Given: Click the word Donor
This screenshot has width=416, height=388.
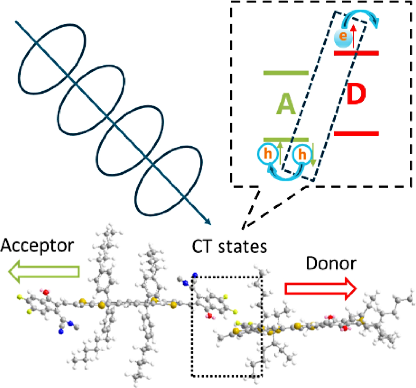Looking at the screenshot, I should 331,263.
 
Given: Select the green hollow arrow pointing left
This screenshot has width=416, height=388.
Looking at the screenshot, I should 44,271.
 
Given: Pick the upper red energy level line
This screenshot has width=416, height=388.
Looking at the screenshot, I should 356,53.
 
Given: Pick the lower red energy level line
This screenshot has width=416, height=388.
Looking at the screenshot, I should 356,134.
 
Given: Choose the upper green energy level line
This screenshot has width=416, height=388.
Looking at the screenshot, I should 286,73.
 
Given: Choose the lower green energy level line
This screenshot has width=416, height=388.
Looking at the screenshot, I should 286,140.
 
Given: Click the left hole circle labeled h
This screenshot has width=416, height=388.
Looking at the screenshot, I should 268,154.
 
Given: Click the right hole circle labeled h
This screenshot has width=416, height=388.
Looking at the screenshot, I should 302,154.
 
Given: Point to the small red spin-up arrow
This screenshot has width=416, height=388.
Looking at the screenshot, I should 353,36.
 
